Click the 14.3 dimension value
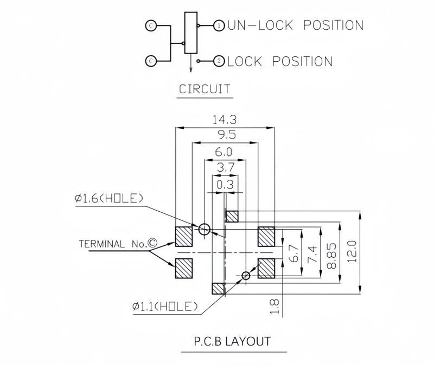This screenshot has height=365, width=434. pos(224,120)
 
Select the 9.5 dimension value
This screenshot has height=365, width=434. pos(224,136)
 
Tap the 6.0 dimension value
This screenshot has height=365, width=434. pos(224,152)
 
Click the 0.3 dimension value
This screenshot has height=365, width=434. pos(224,185)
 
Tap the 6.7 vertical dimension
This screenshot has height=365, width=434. pos(295,252)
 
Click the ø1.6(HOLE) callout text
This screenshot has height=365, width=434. pos(110,199)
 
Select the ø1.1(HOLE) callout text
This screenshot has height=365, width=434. pos(164,307)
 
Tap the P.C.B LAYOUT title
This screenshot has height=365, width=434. pos(232,342)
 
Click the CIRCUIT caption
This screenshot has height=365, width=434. pos(205,89)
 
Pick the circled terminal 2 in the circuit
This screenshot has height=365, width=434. pos(219,61)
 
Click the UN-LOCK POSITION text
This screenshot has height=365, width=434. pos(295,25)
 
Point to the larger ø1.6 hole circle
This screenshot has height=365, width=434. pos(205,230)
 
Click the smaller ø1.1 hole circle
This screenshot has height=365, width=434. pos(246,276)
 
